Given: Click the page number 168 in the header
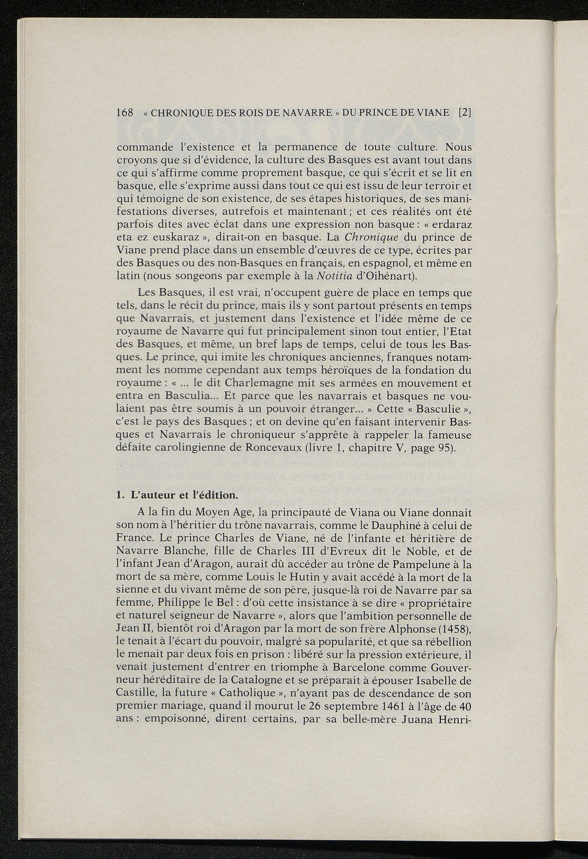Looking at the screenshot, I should coord(125,112).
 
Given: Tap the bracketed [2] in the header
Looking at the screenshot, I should coord(465,112).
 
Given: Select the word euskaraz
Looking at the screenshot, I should coord(169,236).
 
